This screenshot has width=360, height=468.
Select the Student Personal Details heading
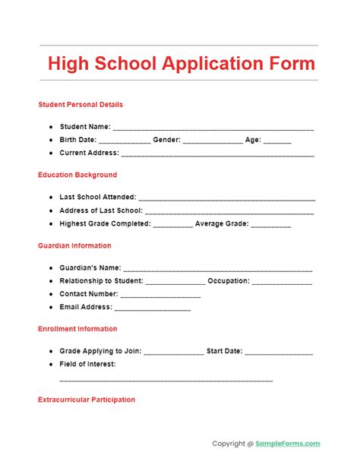(x=80, y=104)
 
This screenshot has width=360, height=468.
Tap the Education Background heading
(x=77, y=175)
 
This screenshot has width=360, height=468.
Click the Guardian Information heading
(x=74, y=245)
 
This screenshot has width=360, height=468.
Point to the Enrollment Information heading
(x=77, y=329)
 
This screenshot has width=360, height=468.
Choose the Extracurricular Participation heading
(x=87, y=399)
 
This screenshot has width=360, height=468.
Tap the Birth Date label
(x=78, y=141)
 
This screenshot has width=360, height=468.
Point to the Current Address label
(x=89, y=153)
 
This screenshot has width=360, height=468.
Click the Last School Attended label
(x=97, y=197)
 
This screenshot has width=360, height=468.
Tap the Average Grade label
(x=221, y=224)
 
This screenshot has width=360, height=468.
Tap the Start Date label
(x=224, y=352)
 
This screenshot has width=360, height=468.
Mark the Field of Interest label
(x=88, y=364)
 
